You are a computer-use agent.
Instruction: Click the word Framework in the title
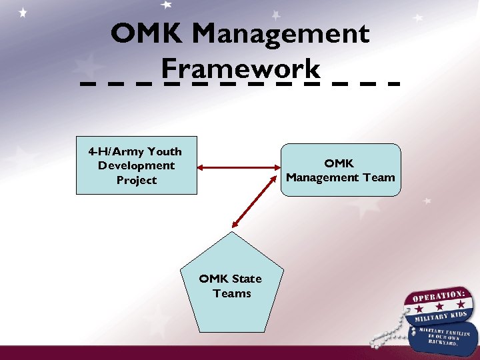point(241,69)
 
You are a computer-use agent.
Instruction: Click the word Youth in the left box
point(164,151)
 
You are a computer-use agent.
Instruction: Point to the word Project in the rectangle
point(136,180)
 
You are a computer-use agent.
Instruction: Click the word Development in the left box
point(136,165)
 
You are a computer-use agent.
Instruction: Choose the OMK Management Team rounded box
point(341,170)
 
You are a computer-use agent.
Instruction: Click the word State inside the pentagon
point(246,279)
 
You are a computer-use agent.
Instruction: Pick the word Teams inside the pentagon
point(231,293)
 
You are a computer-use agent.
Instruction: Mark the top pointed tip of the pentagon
point(231,233)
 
